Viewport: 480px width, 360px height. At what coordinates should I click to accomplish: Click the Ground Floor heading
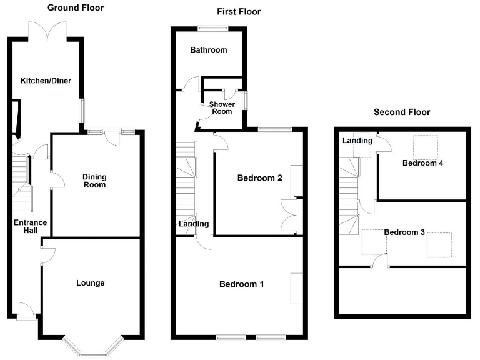pyautogui.click(x=76, y=8)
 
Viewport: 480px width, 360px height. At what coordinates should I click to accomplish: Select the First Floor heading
pyautogui.click(x=239, y=12)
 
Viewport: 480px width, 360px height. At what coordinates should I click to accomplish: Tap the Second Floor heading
pyautogui.click(x=402, y=112)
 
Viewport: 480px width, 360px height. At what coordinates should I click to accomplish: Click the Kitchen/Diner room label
pyautogui.click(x=44, y=81)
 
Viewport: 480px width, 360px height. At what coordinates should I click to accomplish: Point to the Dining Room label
pyautogui.click(x=94, y=181)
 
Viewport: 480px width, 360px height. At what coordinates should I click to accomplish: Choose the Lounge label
pyautogui.click(x=91, y=283)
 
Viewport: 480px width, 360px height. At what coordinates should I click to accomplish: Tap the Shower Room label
pyautogui.click(x=221, y=108)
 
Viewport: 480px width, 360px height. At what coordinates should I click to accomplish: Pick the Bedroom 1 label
pyautogui.click(x=241, y=284)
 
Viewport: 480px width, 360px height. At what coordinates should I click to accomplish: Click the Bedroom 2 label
pyautogui.click(x=259, y=178)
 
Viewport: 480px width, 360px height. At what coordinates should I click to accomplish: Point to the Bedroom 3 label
pyautogui.click(x=404, y=232)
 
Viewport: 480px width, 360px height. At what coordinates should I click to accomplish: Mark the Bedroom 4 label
pyautogui.click(x=423, y=163)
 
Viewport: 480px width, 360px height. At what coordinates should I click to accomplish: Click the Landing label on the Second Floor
pyautogui.click(x=357, y=141)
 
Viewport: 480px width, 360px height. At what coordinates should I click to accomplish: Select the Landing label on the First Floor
pyautogui.click(x=194, y=224)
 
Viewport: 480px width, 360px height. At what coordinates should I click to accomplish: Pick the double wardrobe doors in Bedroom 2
pyautogui.click(x=290, y=214)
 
